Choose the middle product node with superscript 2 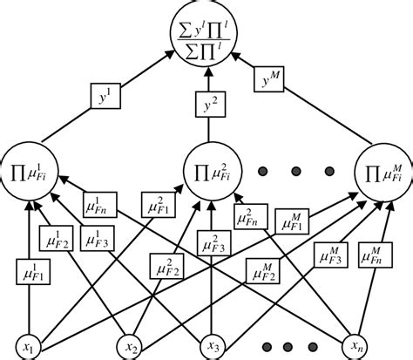[206, 162]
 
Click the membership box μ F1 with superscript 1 [32, 273]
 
